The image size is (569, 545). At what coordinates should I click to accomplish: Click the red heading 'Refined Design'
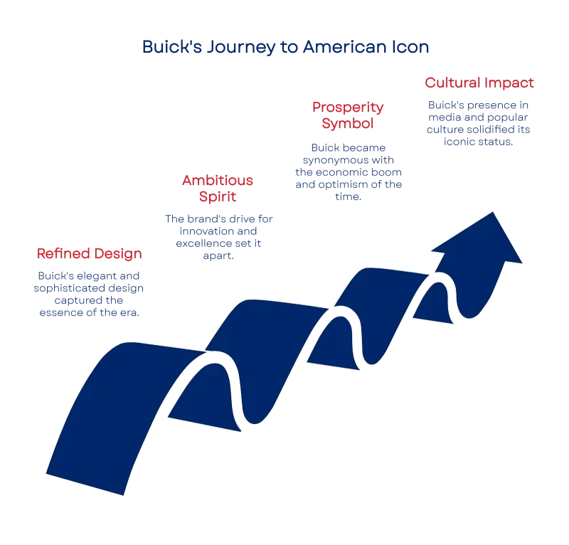point(90,254)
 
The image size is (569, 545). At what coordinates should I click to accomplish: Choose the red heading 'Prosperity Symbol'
point(349,115)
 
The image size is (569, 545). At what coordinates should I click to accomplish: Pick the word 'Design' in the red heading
point(116,254)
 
